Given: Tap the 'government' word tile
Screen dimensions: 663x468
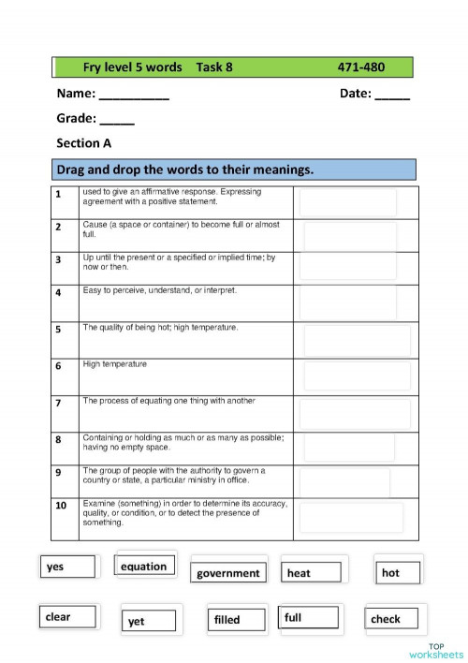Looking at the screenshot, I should pyautogui.click(x=228, y=573).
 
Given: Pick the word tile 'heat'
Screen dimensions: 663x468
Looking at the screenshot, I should pyautogui.click(x=313, y=573).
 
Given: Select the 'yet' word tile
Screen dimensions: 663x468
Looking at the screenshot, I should pyautogui.click(x=149, y=621).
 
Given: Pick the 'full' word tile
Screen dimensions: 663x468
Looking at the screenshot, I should pyautogui.click(x=309, y=618).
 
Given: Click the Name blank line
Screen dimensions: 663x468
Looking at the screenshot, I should pyautogui.click(x=134, y=95).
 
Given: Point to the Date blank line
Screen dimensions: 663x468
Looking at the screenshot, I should pyautogui.click(x=392, y=95).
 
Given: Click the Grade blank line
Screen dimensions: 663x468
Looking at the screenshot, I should pyautogui.click(x=117, y=120).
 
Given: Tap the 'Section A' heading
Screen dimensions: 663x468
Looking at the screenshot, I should pyautogui.click(x=83, y=143).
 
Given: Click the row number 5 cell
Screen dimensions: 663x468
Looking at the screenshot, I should pyautogui.click(x=58, y=330).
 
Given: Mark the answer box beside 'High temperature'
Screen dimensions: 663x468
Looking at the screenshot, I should pyautogui.click(x=357, y=376).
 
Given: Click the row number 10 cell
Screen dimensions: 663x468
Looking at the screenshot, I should pyautogui.click(x=60, y=506).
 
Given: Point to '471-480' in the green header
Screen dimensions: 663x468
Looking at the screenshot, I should pyautogui.click(x=360, y=67).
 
